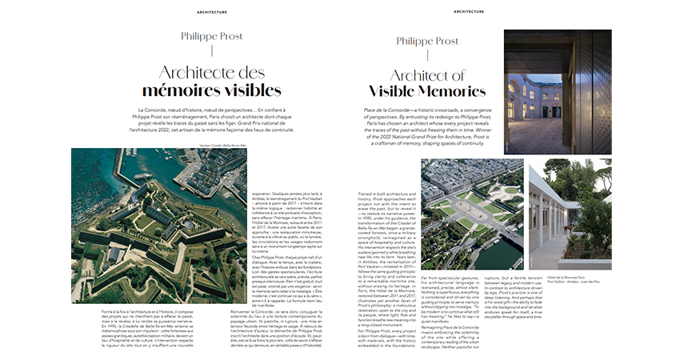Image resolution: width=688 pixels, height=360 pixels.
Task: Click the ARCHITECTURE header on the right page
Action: click(469, 11)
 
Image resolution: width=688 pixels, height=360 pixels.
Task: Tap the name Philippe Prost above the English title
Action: click(427, 41)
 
